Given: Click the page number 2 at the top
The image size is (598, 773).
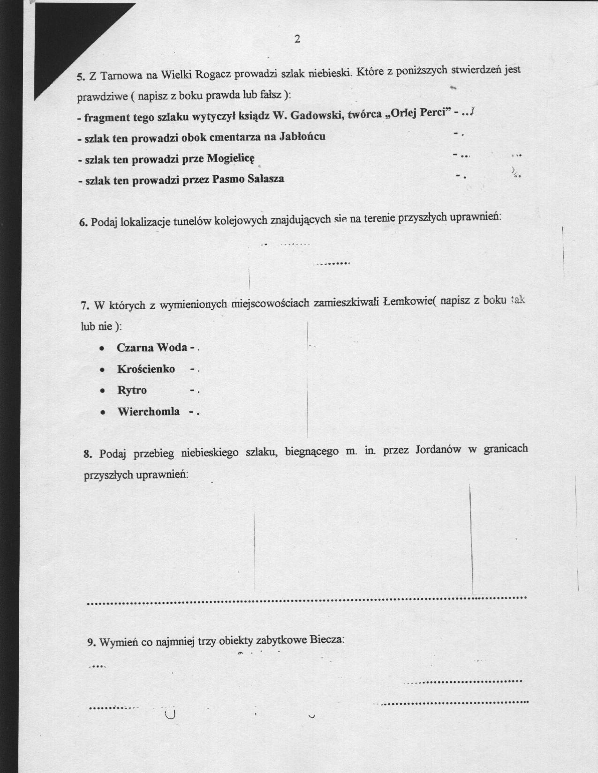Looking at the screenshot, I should pos(297,39).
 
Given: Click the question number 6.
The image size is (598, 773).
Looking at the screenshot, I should pos(83,222).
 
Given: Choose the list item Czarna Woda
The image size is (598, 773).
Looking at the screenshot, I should pos(152,348).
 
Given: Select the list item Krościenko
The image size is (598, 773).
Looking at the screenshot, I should pos(146,369).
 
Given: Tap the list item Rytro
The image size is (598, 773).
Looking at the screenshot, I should pos(132,390).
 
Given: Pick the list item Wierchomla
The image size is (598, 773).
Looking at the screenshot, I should pos(148,412).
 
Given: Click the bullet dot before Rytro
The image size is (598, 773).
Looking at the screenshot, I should pos(102,391).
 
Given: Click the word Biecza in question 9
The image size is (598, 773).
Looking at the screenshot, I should pos(327,640).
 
